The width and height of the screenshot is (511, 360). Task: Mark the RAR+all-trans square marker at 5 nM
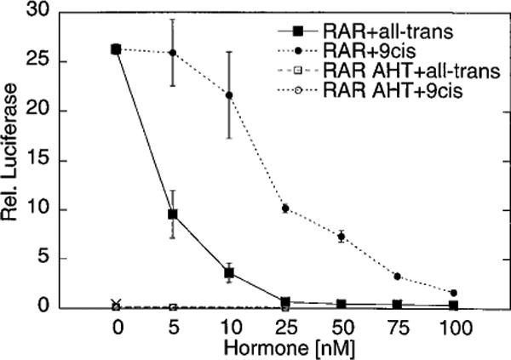(x=173, y=214)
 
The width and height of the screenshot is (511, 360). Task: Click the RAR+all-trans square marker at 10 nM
(x=229, y=272)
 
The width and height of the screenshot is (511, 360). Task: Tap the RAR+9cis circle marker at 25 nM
(x=285, y=208)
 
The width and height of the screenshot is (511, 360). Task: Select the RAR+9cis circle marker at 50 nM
(x=342, y=236)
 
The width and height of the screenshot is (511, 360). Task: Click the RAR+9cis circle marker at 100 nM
(x=453, y=293)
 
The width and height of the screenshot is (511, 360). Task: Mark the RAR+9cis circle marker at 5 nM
(x=173, y=53)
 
